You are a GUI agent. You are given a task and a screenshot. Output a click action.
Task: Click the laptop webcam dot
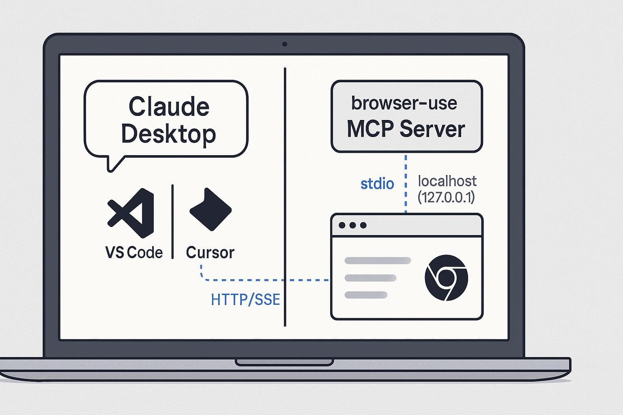coord(285,44)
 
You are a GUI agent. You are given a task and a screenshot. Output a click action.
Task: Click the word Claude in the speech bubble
coord(169,107)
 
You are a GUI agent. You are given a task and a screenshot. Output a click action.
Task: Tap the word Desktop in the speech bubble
coord(168,134)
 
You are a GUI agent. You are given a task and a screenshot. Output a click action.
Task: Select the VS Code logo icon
coord(131,213)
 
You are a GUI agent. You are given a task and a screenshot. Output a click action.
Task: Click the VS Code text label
coord(134,252)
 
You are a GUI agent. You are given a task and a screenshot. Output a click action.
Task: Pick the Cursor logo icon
coord(210,209)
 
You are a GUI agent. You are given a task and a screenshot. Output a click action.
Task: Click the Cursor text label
coord(210,252)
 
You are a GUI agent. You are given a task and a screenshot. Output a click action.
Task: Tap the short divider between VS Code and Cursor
coord(173,221)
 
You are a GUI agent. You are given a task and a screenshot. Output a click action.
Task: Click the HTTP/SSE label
coord(245,299)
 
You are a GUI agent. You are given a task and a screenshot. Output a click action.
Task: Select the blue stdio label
coord(377,184)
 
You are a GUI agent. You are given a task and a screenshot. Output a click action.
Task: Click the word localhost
coord(447,181)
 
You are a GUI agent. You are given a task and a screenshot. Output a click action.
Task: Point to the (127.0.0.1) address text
coord(446,197)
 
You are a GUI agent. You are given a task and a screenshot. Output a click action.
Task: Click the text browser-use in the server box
coord(404,103)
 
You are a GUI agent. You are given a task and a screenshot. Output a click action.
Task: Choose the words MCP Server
coord(406,129)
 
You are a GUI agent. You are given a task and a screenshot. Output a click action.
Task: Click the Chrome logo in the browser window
coord(446,278)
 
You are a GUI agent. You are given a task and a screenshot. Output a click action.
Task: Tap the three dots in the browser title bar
coord(352,225)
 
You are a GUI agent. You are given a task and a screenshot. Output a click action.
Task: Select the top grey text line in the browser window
coord(378,261)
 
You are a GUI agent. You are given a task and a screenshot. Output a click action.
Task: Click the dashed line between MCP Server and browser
coord(406,182)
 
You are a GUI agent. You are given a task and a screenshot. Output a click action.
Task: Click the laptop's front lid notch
coord(285,362)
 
